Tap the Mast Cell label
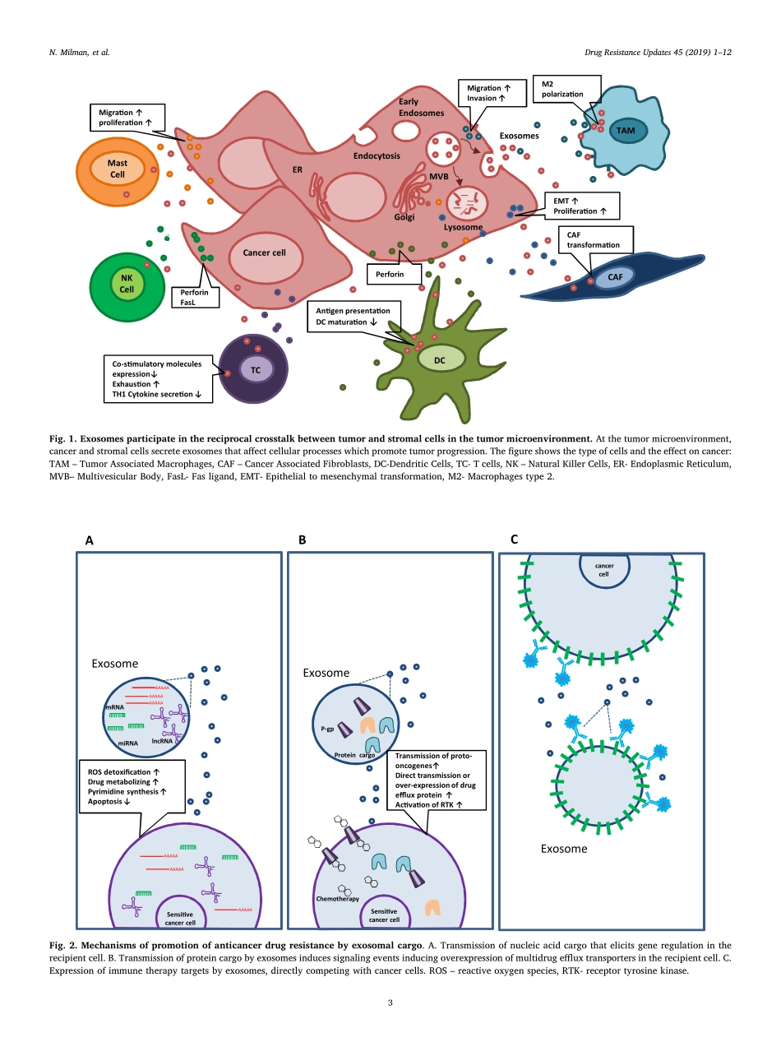pyautogui.click(x=118, y=169)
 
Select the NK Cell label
pyautogui.click(x=127, y=284)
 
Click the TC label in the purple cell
pyautogui.click(x=256, y=370)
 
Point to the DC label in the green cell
pyautogui.click(x=440, y=359)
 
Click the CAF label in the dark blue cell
pyautogui.click(x=615, y=277)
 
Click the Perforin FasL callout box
pyautogui.click(x=194, y=297)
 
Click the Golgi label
pyautogui.click(x=404, y=218)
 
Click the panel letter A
pyautogui.click(x=90, y=540)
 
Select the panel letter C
pyautogui.click(x=514, y=540)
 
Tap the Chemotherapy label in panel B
pyautogui.click(x=337, y=899)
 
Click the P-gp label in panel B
pyautogui.click(x=326, y=728)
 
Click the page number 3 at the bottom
pyautogui.click(x=390, y=1003)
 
